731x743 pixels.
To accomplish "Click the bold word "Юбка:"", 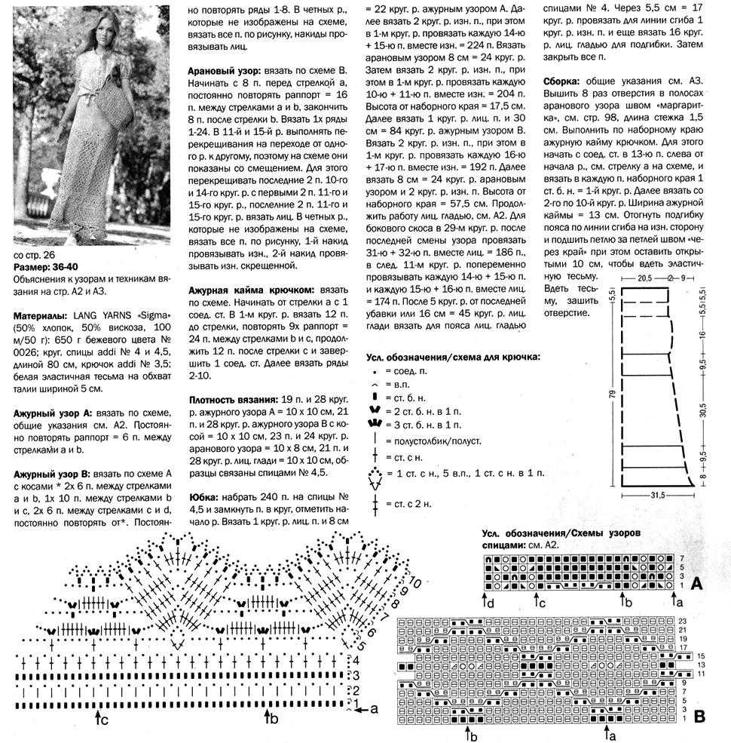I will coord(203,498).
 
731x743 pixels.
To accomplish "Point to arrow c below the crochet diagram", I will coord(99,719).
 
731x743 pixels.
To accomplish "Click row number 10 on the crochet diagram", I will coord(414,583).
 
